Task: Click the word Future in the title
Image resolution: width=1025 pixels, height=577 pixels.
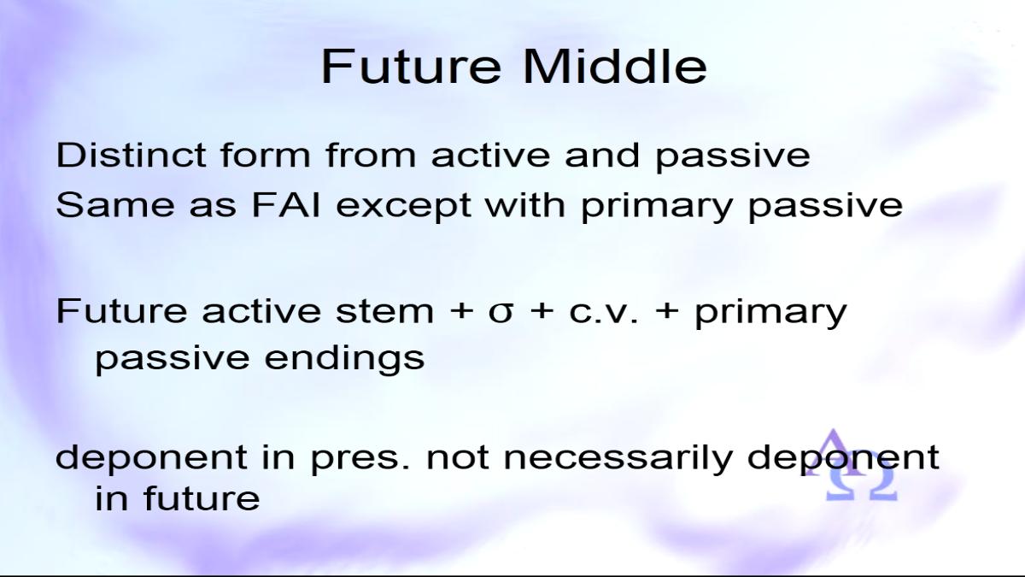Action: click(411, 67)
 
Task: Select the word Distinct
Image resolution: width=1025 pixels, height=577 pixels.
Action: click(131, 155)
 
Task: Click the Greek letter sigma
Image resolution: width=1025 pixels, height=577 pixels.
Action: click(501, 314)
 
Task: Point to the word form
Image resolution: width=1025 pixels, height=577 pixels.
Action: click(266, 155)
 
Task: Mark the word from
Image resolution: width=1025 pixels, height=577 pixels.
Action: click(371, 155)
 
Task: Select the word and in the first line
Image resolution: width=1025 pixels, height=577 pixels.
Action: click(601, 155)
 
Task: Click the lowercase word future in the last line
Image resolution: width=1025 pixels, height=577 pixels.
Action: click(202, 498)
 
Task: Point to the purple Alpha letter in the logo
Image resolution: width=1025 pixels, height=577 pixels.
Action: click(833, 451)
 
